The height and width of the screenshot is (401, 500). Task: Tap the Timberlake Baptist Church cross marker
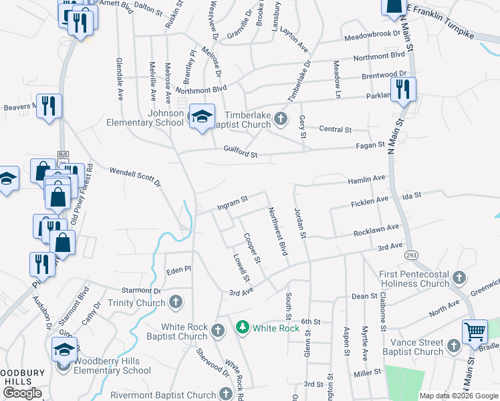point(281,120)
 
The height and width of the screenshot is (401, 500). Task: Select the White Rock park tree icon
point(242,327)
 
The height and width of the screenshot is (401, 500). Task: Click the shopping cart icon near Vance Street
point(475,331)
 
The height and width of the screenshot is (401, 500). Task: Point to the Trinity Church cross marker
point(175,303)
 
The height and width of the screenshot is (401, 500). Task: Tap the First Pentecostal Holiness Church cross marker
point(459,277)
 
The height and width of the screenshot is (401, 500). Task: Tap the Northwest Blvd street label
point(277,231)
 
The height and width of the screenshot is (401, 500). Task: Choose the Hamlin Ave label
point(366,179)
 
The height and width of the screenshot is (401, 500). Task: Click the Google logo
point(22,393)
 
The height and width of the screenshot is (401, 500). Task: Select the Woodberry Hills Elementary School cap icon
point(64,349)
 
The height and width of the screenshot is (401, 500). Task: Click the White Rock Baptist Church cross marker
point(218,330)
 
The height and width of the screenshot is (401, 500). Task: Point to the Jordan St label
point(299,223)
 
